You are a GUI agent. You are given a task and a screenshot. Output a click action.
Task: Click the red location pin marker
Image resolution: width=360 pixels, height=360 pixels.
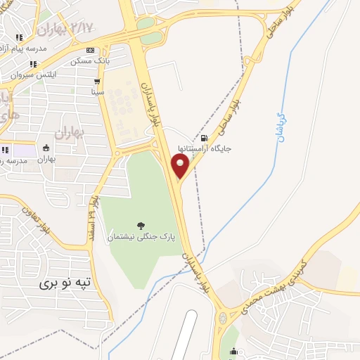tap(180, 167)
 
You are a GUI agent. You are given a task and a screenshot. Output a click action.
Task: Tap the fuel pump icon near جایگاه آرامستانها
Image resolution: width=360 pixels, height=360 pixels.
tap(204, 138)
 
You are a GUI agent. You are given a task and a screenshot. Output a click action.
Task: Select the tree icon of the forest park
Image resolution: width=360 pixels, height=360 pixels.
tap(141, 226)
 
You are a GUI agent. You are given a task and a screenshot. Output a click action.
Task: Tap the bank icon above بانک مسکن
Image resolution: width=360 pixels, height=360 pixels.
tap(91, 50)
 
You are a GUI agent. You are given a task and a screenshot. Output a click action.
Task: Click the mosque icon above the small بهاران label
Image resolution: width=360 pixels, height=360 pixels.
tap(47, 148)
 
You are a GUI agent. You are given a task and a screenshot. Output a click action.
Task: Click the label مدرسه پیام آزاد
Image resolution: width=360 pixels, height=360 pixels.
tap(28, 48)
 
